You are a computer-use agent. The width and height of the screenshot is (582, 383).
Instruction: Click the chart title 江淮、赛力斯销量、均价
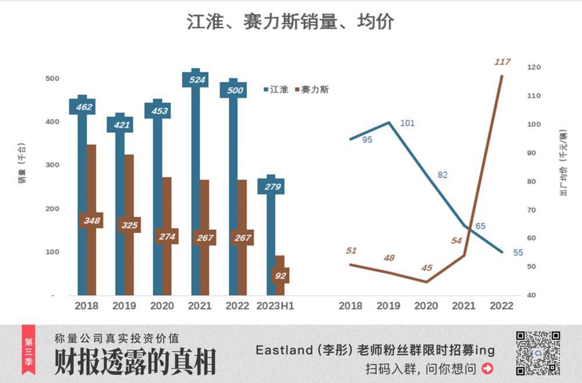coord(290,22)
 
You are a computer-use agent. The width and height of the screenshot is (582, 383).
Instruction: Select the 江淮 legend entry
coord(276,90)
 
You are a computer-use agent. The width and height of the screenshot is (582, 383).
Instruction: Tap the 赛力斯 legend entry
coord(313,90)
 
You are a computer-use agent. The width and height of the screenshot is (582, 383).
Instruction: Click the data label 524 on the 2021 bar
coord(196,79)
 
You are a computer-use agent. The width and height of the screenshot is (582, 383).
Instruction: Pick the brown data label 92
coord(280,276)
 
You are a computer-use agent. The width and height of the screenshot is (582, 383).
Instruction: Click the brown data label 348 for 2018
coord(91,220)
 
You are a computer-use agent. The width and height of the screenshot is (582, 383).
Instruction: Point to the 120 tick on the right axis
coord(534,68)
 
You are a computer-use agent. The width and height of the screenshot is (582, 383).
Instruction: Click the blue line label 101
coord(407,123)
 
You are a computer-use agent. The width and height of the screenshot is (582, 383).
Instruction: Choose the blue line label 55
coord(518,252)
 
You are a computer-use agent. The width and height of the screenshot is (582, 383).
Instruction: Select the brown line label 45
coord(427,268)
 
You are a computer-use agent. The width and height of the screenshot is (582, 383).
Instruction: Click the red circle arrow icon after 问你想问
coord(488,368)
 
